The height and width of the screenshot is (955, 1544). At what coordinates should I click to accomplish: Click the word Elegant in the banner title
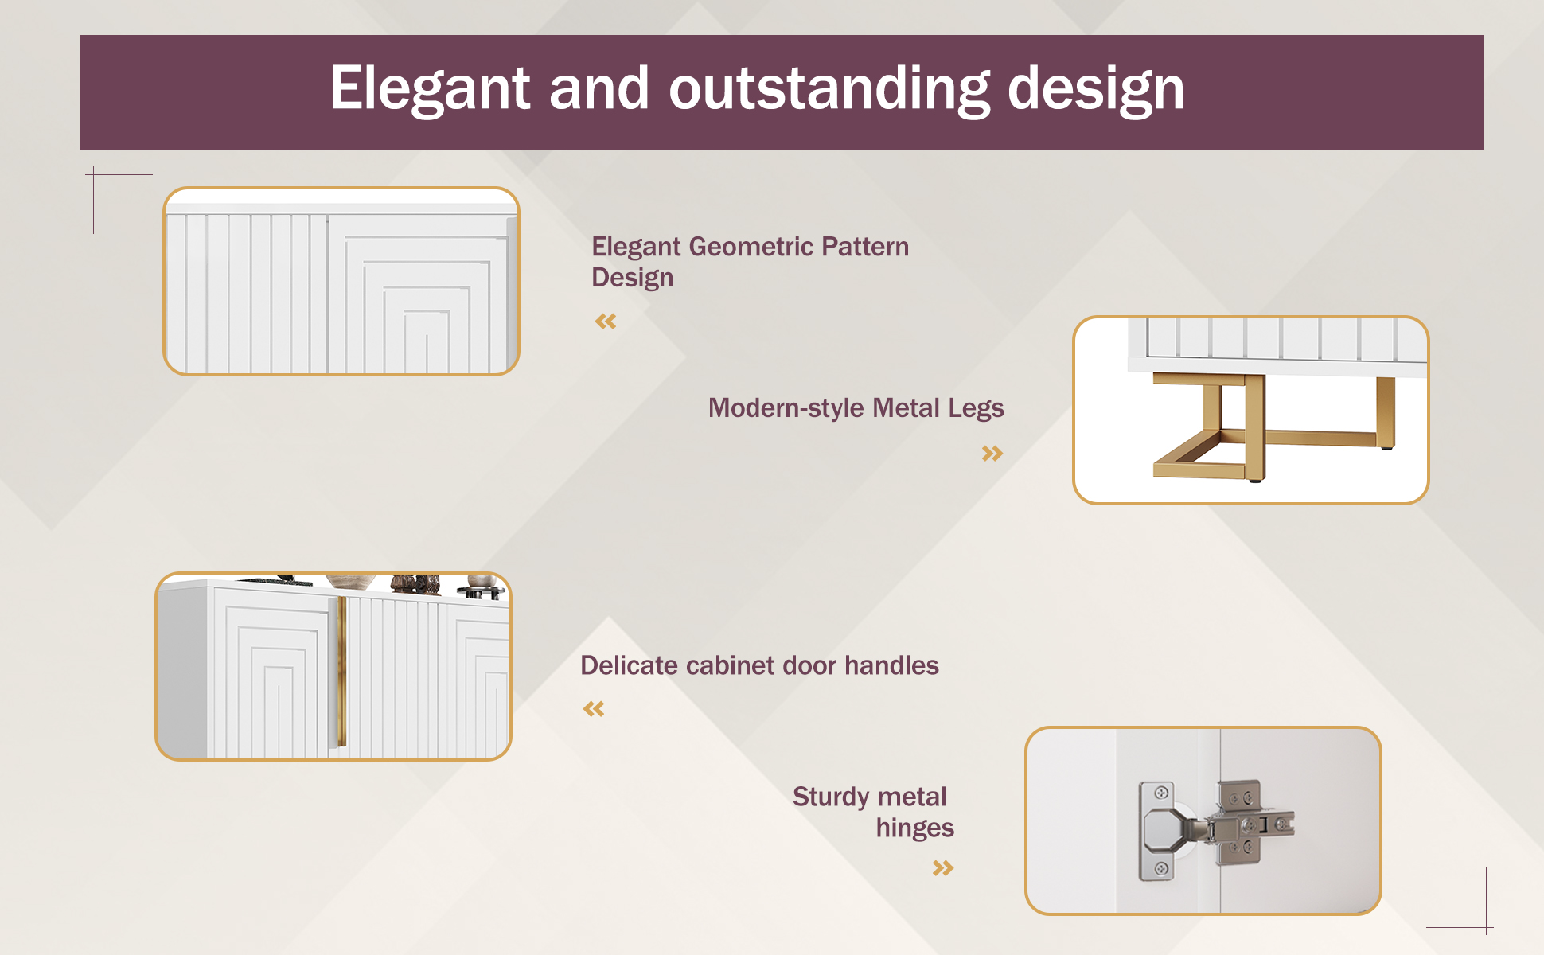coord(430,89)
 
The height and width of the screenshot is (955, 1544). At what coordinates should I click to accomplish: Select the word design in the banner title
coord(1096,89)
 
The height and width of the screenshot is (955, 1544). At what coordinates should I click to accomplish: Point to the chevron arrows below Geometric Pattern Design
coord(606,322)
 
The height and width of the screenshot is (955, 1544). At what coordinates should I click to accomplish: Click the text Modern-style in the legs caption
coord(786,407)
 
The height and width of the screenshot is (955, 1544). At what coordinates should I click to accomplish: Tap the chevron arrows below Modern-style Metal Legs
coord(992,454)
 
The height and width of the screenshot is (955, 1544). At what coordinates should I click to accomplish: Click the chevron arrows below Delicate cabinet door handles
coord(594,708)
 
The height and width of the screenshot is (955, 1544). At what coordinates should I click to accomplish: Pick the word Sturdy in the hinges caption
coord(831,797)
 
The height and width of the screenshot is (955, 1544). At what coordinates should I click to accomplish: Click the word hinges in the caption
coord(914,828)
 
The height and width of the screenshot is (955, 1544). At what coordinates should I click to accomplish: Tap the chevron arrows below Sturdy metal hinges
coord(943,867)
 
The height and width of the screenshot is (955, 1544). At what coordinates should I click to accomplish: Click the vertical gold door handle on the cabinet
coord(341,671)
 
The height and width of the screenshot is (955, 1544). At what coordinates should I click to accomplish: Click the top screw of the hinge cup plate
coord(1161,793)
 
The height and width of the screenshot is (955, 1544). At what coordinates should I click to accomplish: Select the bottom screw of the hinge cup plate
coord(1161,868)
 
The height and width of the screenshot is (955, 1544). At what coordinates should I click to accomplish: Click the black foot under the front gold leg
coord(1255,480)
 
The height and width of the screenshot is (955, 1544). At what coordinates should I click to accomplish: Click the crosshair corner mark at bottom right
coord(1486,927)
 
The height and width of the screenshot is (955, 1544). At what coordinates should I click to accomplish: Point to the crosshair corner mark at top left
coord(94,174)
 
